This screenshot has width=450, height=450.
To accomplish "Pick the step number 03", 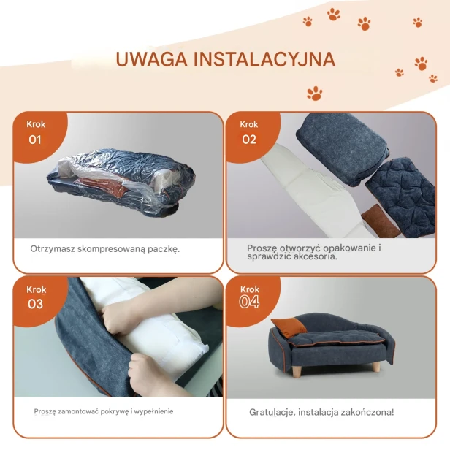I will [x=35, y=304].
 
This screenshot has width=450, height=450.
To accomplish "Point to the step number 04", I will [x=249, y=302].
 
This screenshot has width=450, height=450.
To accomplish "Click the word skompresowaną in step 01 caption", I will [x=108, y=248].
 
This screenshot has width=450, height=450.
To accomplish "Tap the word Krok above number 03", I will [x=35, y=289].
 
